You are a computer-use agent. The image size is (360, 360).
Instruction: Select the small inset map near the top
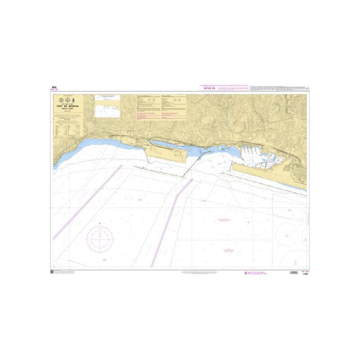pos(108,108)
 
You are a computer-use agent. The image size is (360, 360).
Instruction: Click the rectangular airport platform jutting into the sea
pos(167,154)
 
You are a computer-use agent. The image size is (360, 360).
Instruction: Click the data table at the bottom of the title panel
pos(67,130)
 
